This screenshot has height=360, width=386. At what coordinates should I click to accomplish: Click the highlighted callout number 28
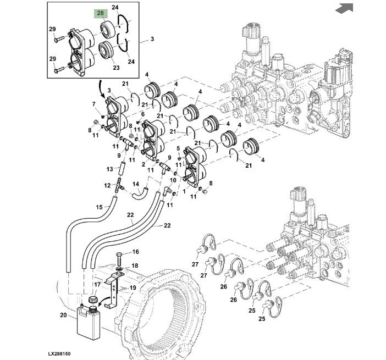pyautogui.click(x=101, y=13)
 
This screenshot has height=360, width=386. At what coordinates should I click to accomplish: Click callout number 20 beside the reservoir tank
pyautogui.click(x=63, y=315)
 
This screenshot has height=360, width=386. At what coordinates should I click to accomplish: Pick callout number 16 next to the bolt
pyautogui.click(x=135, y=252)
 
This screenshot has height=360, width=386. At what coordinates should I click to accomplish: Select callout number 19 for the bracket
pyautogui.click(x=132, y=287)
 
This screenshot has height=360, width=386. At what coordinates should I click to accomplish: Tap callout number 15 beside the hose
pyautogui.click(x=99, y=207)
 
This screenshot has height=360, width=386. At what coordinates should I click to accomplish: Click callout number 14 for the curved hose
pyautogui.click(x=135, y=184)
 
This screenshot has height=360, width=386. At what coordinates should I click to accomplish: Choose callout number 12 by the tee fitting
pyautogui.click(x=108, y=186)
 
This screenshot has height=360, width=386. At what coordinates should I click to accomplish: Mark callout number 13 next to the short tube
pyautogui.click(x=109, y=168)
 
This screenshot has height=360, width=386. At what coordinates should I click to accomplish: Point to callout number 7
pyautogui.click(x=94, y=104)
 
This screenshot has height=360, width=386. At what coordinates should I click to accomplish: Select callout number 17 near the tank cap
pyautogui.click(x=97, y=285)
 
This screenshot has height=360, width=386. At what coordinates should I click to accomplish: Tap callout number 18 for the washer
pyautogui.click(x=135, y=265)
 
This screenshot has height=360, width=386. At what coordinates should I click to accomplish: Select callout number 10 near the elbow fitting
pyautogui.click(x=174, y=180)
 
